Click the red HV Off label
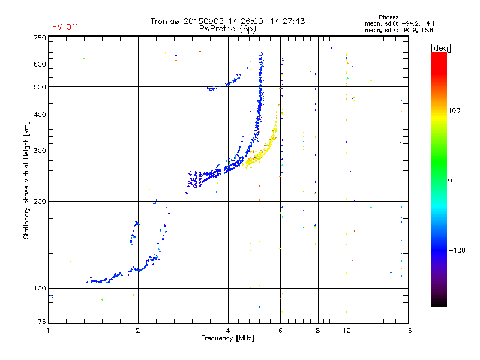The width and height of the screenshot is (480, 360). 65,27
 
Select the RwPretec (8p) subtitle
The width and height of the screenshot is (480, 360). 227,29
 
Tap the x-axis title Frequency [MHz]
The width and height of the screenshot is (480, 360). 227,338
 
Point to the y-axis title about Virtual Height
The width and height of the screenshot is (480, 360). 26,180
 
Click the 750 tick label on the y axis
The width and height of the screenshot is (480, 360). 40,38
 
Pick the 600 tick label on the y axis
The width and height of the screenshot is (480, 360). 40,64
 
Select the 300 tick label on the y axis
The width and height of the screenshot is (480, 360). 40,151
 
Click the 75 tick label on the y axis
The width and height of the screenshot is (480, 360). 42,322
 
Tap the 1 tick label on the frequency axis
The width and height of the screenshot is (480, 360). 48,331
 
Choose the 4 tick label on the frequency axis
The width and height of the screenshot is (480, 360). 228,331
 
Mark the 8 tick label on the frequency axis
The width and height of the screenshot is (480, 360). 318,331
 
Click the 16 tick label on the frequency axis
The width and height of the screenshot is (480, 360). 408,331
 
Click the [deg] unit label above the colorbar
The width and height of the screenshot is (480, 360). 440,48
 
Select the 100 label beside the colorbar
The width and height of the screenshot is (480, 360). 454,110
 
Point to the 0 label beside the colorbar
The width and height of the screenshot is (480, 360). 450,181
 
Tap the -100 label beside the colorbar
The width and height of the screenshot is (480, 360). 457,250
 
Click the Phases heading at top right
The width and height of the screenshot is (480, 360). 388,17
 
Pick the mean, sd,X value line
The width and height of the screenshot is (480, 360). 399,31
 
